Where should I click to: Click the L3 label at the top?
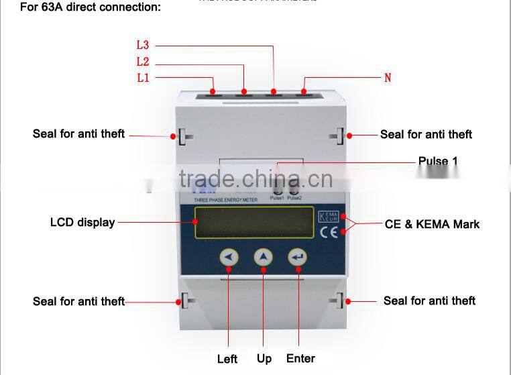point(142,46)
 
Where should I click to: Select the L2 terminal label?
point(142,62)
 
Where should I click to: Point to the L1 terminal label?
point(143,78)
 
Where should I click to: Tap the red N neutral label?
point(387,78)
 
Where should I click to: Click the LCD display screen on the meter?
point(254,222)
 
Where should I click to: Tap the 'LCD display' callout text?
point(82,222)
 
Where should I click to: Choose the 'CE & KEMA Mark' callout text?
point(432,224)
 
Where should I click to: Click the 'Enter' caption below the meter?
point(300,358)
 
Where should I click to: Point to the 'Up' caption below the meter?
point(264,358)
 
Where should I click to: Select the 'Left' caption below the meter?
point(227,359)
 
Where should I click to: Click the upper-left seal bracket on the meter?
point(183,136)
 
